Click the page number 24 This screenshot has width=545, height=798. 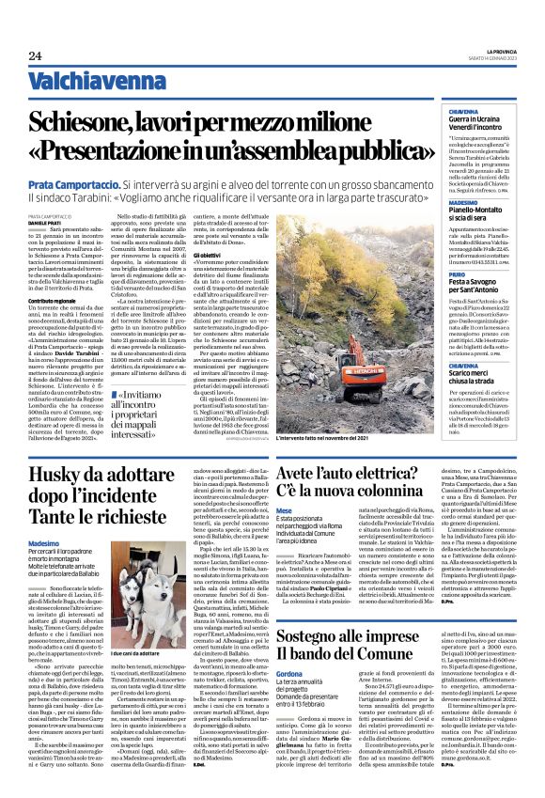point(35,55)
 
